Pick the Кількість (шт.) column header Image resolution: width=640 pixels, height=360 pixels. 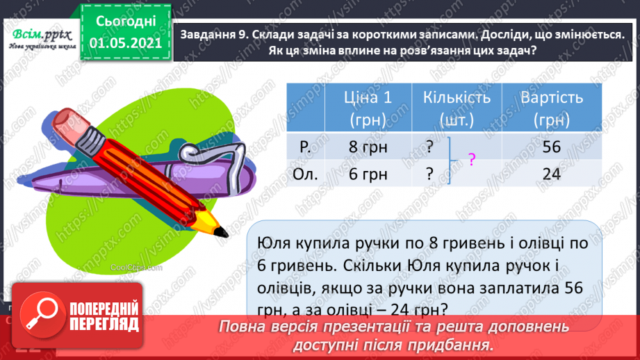(x=456, y=108)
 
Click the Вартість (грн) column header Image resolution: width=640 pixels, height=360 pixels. (x=552, y=108)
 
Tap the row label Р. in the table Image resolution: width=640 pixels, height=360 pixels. (x=304, y=147)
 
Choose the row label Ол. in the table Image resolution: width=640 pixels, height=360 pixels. (x=306, y=174)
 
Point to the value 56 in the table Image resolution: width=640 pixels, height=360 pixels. (x=552, y=147)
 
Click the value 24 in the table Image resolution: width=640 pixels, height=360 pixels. (x=552, y=174)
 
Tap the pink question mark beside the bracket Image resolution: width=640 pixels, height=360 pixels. (x=472, y=160)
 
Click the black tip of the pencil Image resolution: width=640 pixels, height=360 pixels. (x=221, y=231)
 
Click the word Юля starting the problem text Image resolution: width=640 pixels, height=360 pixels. (x=273, y=243)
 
